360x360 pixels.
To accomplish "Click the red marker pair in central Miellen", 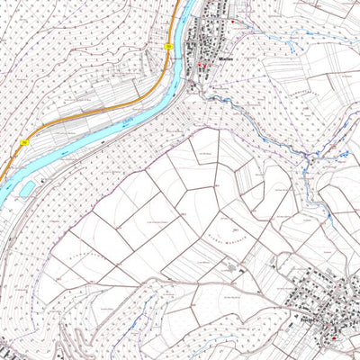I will click(x=202, y=66).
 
